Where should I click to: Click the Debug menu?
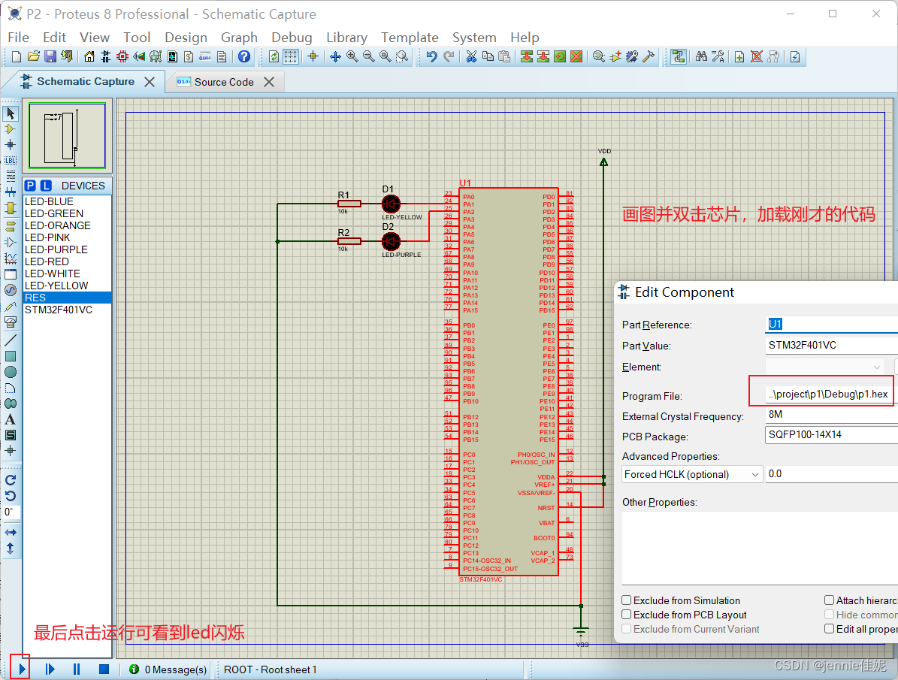click(x=292, y=38)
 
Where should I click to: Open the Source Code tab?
click(x=224, y=82)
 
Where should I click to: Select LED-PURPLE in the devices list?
click(x=56, y=249)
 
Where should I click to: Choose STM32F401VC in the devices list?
click(x=59, y=310)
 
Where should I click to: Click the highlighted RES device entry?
click(x=35, y=298)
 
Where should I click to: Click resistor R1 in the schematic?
click(x=349, y=204)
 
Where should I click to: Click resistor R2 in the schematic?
click(x=349, y=241)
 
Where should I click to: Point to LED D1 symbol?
click(x=391, y=204)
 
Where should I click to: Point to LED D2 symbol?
click(x=391, y=241)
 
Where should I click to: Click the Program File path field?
click(x=827, y=394)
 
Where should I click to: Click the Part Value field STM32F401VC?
click(x=827, y=346)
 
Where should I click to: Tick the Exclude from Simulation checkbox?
click(x=627, y=600)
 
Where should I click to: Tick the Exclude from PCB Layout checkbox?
click(x=627, y=615)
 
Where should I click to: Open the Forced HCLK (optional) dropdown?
click(x=692, y=474)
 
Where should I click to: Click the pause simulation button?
click(x=77, y=669)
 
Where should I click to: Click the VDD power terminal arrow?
click(x=603, y=161)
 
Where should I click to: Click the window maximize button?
click(x=833, y=14)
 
